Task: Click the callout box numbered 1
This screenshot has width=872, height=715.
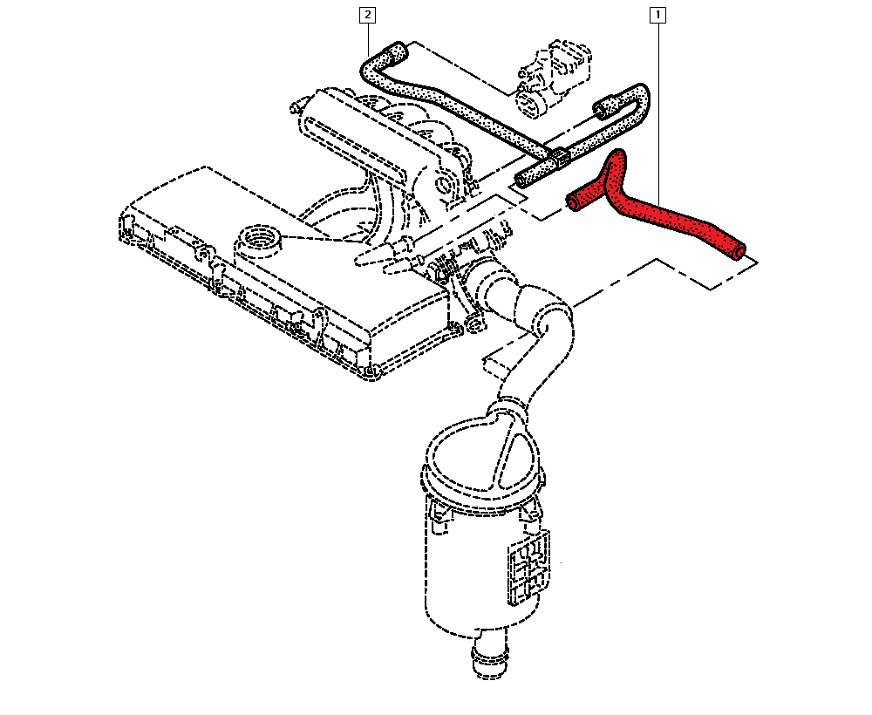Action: coord(657,15)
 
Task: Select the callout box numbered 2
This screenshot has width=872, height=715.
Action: coord(367,15)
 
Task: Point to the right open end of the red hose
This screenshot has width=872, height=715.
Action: coord(739,251)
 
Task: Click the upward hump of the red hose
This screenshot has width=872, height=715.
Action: coord(617,161)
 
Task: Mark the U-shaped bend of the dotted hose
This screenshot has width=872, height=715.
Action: coord(638,98)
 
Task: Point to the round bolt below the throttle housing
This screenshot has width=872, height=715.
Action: coord(473,323)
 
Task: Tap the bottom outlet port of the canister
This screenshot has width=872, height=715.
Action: coord(490,659)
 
